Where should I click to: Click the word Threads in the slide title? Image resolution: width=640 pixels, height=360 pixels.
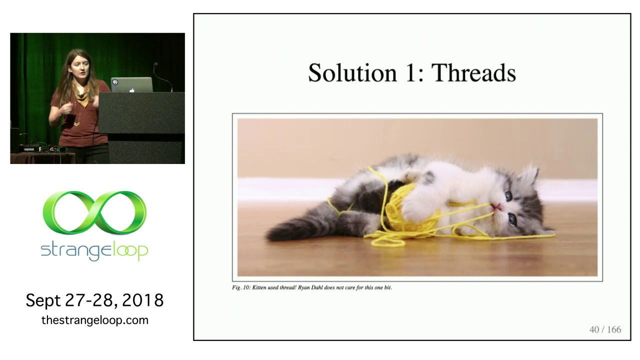coord(473,73)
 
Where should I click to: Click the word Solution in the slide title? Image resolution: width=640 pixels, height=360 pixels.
coord(352,73)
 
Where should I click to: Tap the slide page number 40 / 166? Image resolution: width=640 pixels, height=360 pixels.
coord(605,329)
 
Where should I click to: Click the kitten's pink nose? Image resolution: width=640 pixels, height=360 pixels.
coord(497,207)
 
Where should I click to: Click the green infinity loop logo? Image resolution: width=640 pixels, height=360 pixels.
coord(94,212)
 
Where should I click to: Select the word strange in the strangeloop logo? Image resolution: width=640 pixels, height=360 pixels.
coord(75,251)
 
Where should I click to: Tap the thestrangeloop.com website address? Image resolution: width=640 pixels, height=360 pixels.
coord(95,320)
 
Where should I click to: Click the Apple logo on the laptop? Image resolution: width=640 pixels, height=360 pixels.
coord(131,90)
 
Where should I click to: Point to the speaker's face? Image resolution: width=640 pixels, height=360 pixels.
coord(79,68)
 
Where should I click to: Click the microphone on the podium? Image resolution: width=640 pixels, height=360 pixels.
coord(155,65)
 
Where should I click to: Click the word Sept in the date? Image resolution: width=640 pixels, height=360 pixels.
coord(43,300)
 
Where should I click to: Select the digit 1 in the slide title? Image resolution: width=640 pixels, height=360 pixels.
coord(410,73)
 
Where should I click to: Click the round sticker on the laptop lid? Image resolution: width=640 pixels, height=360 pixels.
coord(115,82)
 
